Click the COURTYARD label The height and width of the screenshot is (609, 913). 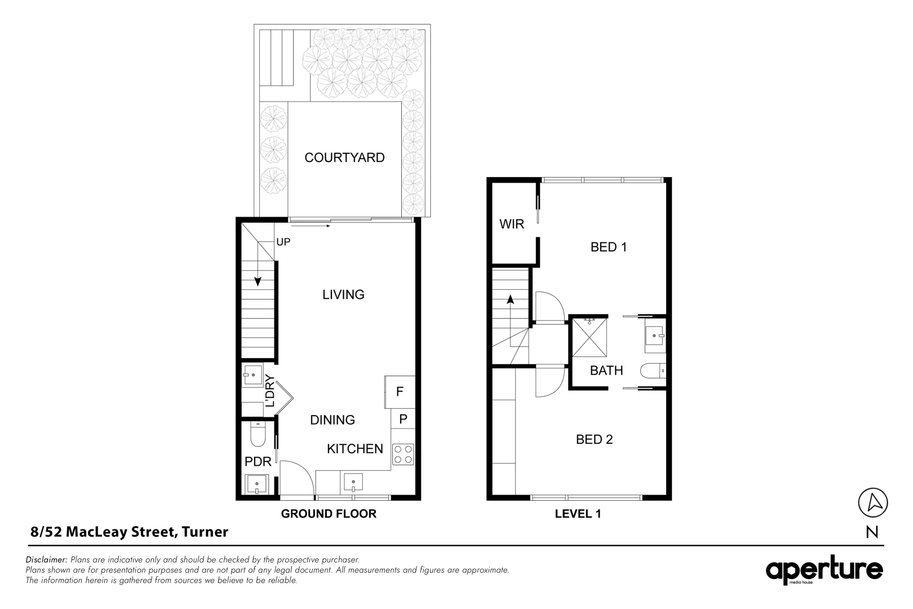(x=344, y=158)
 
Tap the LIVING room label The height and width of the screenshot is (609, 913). (x=343, y=294)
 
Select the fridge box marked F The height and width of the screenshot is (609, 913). (x=400, y=392)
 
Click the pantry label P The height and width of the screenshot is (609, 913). (x=403, y=419)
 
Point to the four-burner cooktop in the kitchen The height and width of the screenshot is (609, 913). (x=402, y=454)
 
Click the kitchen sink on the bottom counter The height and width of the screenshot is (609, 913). (x=353, y=482)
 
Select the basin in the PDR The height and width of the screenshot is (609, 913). (x=257, y=484)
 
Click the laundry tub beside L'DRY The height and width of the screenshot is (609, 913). (x=251, y=374)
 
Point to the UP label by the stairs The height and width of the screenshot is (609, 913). (x=283, y=242)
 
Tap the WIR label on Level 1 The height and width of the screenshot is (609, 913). (x=512, y=224)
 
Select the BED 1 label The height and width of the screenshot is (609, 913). (x=609, y=247)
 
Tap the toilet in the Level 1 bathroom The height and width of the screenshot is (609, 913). (x=653, y=371)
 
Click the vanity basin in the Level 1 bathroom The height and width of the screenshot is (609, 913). (x=655, y=336)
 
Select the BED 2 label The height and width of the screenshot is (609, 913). (x=594, y=439)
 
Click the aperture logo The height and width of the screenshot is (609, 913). (x=823, y=571)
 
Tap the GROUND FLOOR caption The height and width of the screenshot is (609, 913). (x=329, y=514)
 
